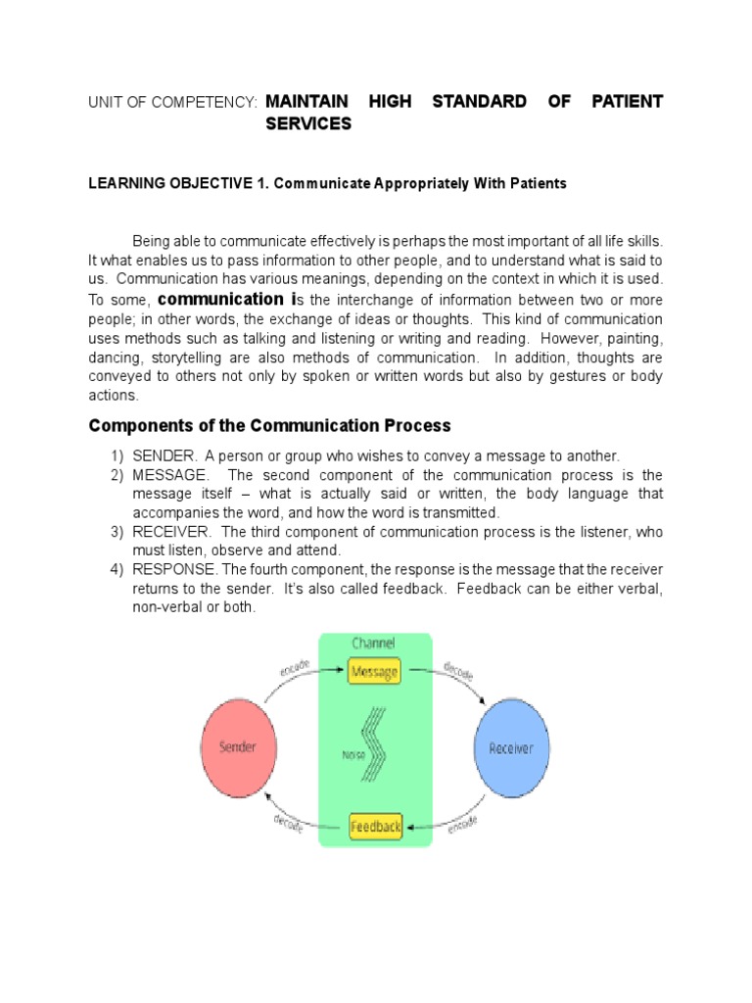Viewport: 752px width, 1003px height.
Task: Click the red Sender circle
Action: click(x=237, y=747)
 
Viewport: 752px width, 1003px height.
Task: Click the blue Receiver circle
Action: click(x=510, y=747)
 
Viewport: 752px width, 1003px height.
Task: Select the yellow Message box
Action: click(x=374, y=672)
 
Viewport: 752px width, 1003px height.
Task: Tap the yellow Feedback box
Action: click(x=376, y=827)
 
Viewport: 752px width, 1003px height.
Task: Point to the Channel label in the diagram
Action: click(x=373, y=644)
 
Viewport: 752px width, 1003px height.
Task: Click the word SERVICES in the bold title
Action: click(x=308, y=124)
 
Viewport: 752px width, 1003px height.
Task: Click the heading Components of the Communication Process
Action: click(x=269, y=425)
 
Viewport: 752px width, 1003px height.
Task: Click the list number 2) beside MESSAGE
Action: click(x=117, y=475)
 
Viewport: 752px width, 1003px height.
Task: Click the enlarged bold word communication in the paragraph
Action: click(x=220, y=299)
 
